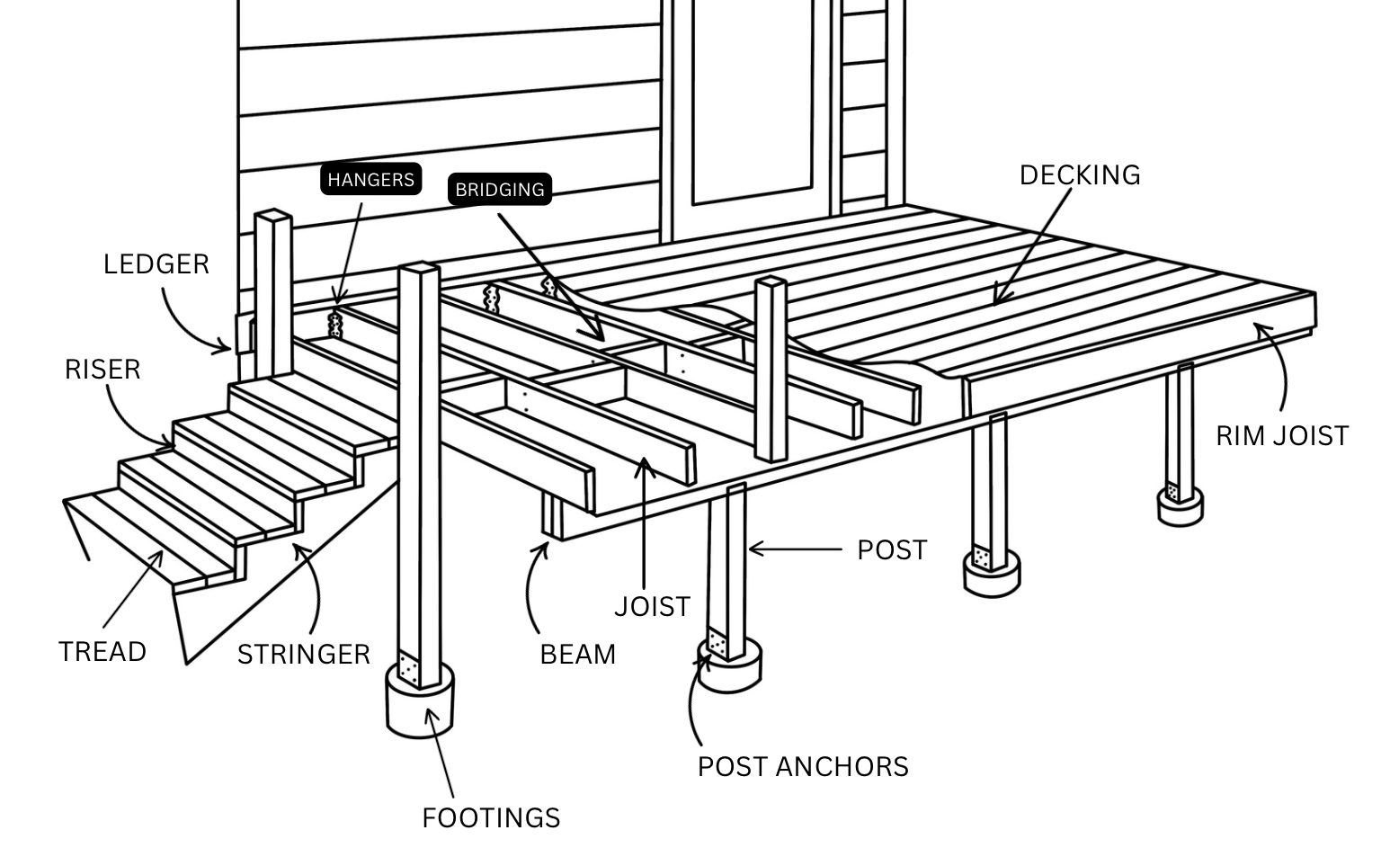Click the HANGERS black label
pyautogui.click(x=370, y=180)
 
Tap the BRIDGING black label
pyautogui.click(x=499, y=190)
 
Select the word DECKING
pyautogui.click(x=1079, y=174)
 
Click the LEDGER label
pyautogui.click(x=156, y=263)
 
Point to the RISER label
pyautogui.click(x=102, y=369)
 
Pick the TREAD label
pyautogui.click(x=102, y=651)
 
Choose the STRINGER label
pyautogui.click(x=303, y=654)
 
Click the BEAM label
pyautogui.click(x=577, y=654)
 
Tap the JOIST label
pyautogui.click(x=652, y=606)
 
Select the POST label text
pyautogui.click(x=891, y=549)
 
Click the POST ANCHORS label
pyautogui.click(x=803, y=766)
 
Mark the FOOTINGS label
pyautogui.click(x=491, y=817)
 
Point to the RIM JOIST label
pyautogui.click(x=1281, y=435)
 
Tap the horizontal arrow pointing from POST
pyautogui.click(x=795, y=549)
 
